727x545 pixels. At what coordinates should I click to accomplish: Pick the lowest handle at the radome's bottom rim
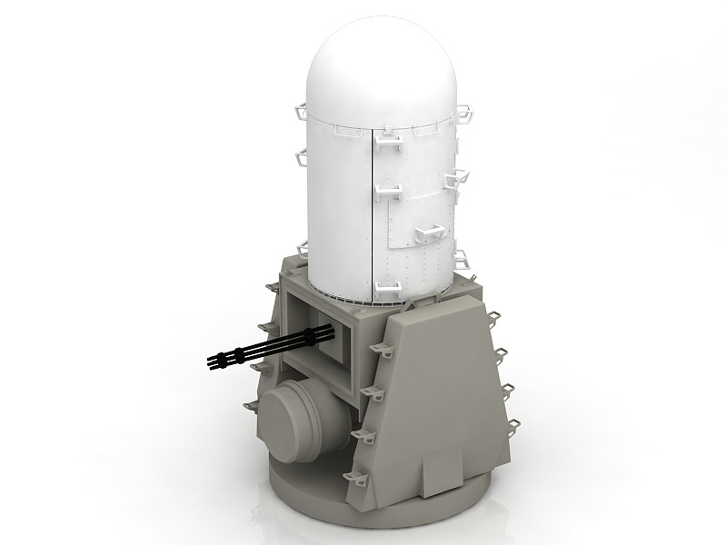tap(387, 289)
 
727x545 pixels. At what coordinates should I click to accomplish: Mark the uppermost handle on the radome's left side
tap(304, 113)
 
